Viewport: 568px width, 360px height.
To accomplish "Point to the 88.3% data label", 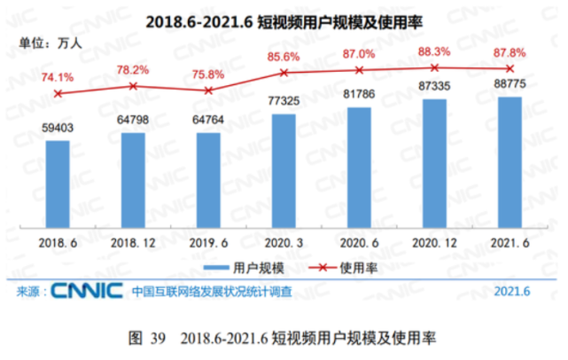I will [x=435, y=51].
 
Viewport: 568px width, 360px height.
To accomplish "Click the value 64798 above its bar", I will [x=133, y=121].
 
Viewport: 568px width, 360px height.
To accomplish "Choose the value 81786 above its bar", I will [x=359, y=96].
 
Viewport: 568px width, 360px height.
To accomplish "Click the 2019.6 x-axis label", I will [x=208, y=240].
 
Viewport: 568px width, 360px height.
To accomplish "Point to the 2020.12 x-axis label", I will [x=434, y=240].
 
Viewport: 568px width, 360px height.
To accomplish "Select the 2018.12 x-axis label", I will [x=133, y=240].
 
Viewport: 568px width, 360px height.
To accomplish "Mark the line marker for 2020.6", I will [x=359, y=70].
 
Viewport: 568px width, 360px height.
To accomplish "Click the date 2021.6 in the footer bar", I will [x=512, y=291].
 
